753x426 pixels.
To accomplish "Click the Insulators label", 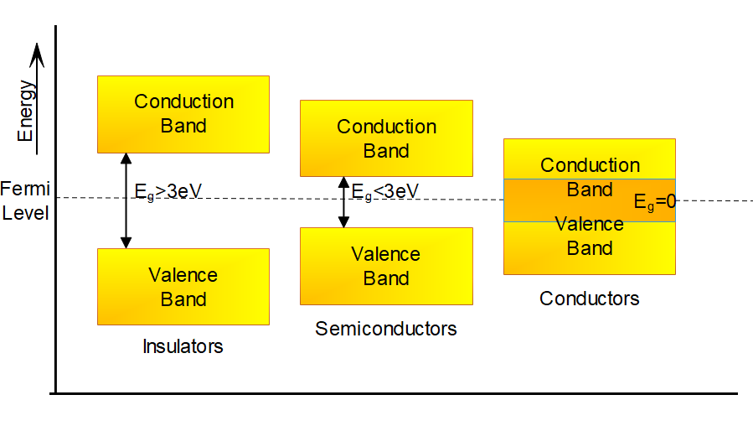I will (183, 346).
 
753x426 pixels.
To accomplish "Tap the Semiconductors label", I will (386, 328).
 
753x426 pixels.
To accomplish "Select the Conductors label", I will (589, 299).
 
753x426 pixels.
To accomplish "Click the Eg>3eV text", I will (168, 191).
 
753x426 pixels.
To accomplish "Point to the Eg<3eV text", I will (385, 191).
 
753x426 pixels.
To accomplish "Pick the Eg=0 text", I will (654, 202).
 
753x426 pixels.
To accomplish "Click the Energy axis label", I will (28, 111).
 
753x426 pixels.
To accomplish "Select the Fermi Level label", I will (24, 200).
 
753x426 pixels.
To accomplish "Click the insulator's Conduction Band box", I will (183, 114).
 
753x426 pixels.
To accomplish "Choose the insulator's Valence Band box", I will (183, 287).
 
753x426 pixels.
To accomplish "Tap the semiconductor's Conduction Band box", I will (386, 138).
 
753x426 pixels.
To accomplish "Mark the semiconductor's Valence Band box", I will (386, 266).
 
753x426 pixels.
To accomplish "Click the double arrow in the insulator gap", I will (126, 201).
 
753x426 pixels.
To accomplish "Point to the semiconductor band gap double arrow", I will (343, 201).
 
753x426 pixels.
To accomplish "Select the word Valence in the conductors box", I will (590, 224).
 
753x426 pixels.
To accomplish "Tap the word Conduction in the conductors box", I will (590, 165).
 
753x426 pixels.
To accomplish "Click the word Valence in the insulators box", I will (183, 275).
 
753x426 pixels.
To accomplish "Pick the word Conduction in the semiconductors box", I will (386, 127).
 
